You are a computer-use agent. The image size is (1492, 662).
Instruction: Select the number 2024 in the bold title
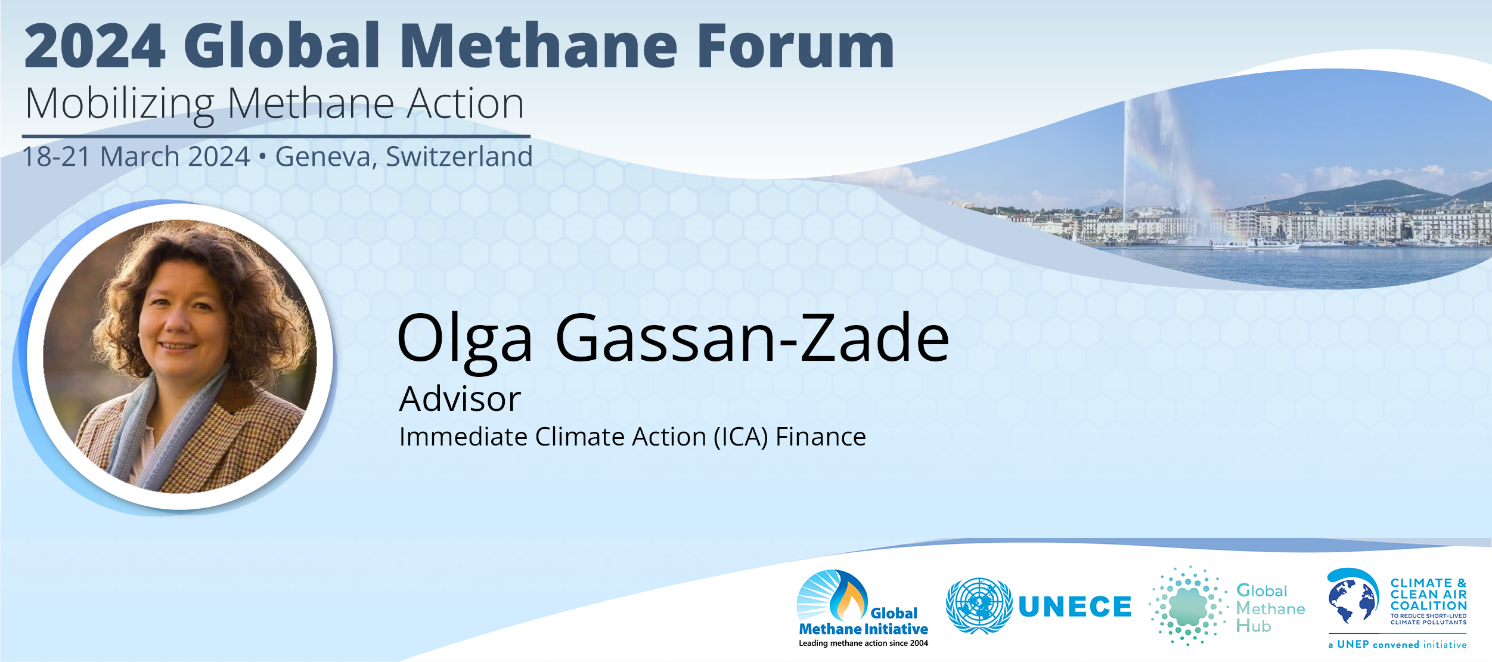95,45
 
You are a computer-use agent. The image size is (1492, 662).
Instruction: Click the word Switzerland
459,156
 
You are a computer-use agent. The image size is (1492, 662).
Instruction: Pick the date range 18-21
56,157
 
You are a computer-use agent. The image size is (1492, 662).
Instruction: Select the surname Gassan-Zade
752,338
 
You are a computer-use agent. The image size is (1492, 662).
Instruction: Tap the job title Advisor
460,398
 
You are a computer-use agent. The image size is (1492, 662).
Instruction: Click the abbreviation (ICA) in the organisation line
740,437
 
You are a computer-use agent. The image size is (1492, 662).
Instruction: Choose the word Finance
820,437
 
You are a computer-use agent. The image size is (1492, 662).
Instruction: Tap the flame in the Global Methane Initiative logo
850,598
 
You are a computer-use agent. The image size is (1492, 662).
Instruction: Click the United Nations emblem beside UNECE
979,605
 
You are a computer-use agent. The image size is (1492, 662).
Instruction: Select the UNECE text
1075,607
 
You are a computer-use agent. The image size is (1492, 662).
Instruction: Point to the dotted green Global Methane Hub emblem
1189,606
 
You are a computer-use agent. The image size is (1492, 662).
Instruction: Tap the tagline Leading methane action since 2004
863,643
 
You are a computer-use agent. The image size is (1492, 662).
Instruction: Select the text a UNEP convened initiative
1397,645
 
